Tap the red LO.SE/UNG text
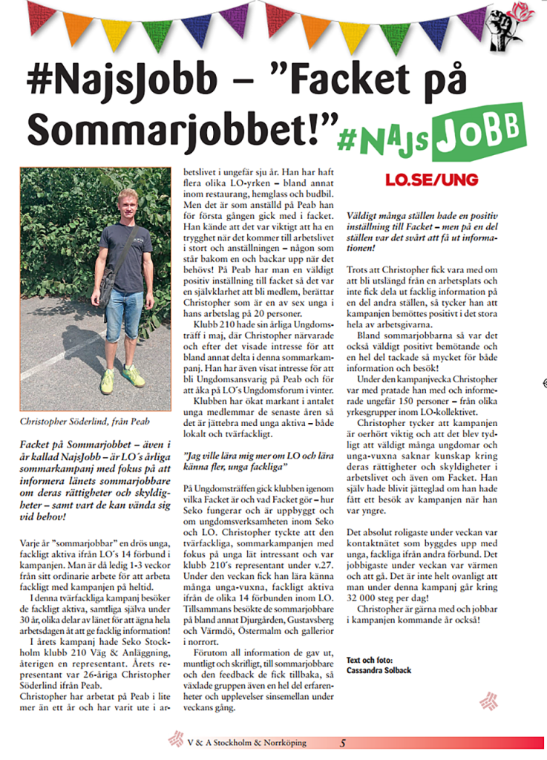pos(431,180)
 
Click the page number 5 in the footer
pos(343,742)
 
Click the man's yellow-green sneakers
pos(122,379)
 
